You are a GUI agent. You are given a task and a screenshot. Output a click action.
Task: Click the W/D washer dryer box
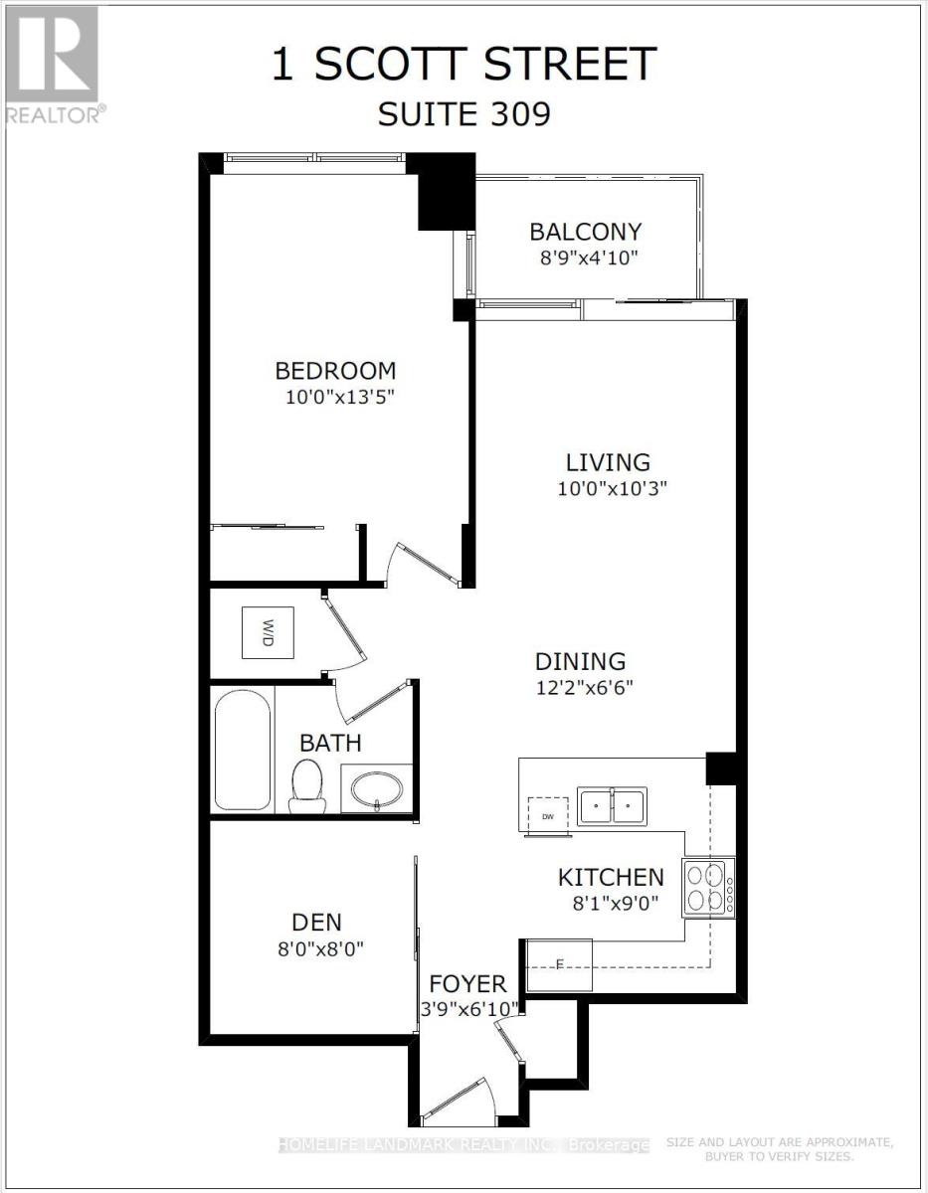click(x=268, y=631)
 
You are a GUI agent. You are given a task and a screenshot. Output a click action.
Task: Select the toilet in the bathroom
click(x=306, y=784)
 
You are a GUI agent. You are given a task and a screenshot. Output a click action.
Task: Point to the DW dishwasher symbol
click(x=548, y=811)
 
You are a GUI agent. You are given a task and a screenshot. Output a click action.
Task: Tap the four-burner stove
click(x=708, y=888)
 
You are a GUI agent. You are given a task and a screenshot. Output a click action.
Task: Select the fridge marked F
click(x=558, y=964)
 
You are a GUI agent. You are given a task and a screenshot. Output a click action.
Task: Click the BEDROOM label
click(x=335, y=371)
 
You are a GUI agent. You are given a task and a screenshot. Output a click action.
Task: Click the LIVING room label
click(x=608, y=462)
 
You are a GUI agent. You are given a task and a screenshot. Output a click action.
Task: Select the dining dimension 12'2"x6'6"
click(x=584, y=686)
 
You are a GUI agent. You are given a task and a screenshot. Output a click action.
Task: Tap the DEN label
click(x=317, y=922)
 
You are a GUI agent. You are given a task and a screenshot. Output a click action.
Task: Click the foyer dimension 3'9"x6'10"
click(x=467, y=1008)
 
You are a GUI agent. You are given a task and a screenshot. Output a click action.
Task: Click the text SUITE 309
click(x=464, y=114)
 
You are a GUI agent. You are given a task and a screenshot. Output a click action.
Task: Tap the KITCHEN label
click(x=610, y=877)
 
